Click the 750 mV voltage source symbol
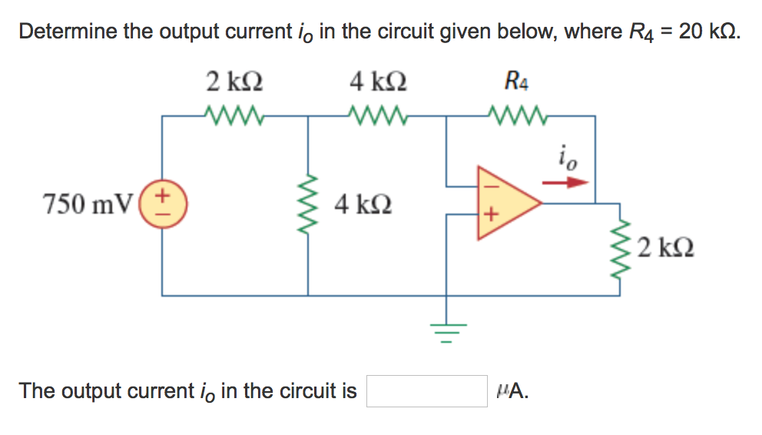(162, 204)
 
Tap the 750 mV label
(87, 204)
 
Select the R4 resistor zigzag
(519, 116)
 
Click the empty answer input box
(427, 391)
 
